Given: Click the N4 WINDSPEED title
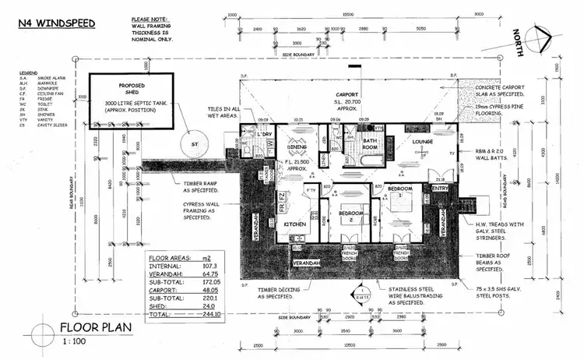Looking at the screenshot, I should click(x=57, y=23).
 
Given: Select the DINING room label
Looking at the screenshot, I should click(x=297, y=146).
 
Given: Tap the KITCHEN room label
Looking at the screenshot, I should click(x=295, y=224).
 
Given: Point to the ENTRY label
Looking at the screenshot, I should click(x=441, y=187).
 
